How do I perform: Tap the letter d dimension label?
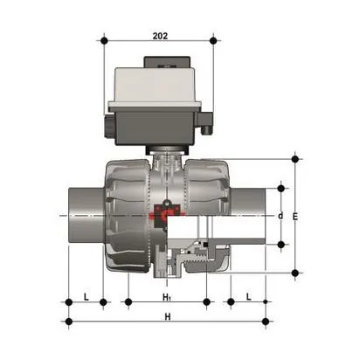click(280, 215)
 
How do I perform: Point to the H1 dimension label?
click(167, 297)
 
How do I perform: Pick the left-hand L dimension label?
click(86, 297)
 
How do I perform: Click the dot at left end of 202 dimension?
click(104, 39)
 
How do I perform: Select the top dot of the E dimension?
click(295, 159)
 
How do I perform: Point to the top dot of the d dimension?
click(280, 186)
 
